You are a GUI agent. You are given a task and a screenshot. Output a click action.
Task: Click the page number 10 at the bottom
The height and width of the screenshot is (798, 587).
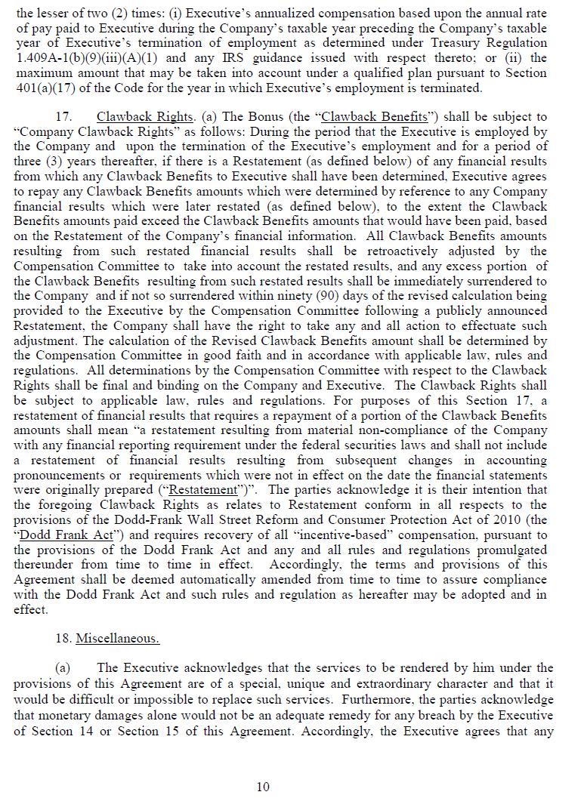pos(263,787)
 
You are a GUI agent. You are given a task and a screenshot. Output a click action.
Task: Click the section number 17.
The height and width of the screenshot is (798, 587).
pos(63,117)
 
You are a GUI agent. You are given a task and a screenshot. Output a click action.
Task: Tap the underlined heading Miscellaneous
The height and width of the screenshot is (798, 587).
pos(117,639)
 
